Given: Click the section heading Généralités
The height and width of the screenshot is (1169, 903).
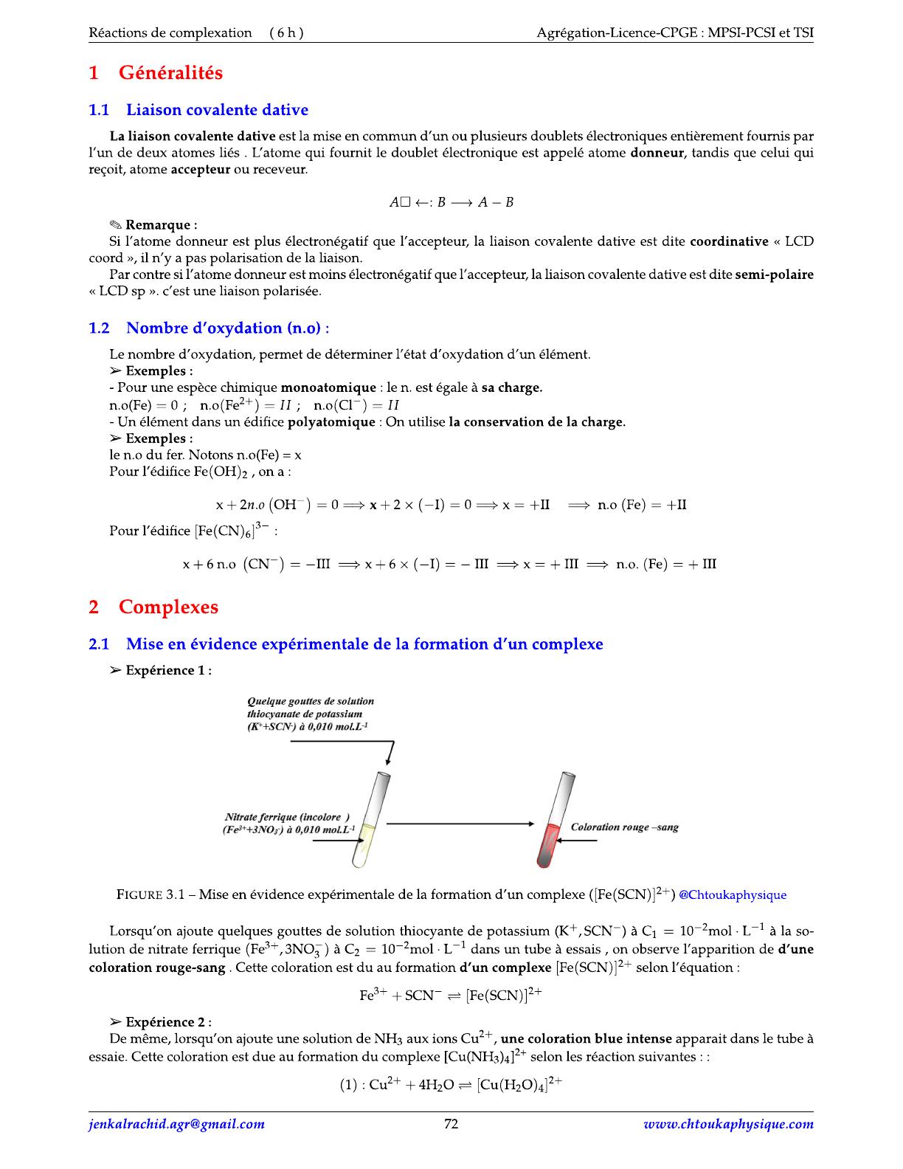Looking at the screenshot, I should [170, 73].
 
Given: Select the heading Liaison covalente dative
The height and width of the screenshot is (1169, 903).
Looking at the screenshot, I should [217, 110].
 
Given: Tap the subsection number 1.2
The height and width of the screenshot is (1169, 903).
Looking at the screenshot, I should [99, 328].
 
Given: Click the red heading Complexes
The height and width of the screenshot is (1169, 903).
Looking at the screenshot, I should [168, 607].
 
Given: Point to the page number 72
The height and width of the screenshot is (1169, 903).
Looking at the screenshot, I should [451, 1124].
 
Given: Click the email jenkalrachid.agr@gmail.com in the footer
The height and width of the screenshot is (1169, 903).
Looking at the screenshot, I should [176, 1124].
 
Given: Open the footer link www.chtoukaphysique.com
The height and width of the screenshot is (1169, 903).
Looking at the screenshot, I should [728, 1124].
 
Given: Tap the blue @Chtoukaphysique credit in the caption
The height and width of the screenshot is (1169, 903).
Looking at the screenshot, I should [733, 895].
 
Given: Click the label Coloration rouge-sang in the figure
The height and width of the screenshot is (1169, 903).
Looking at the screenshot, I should [624, 827].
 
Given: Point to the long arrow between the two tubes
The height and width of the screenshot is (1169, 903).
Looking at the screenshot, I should [459, 824].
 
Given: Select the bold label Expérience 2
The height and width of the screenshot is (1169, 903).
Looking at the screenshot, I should [168, 1022].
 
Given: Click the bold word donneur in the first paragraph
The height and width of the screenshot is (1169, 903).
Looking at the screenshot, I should [658, 153].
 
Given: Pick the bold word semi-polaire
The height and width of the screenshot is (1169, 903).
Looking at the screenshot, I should [774, 275].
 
